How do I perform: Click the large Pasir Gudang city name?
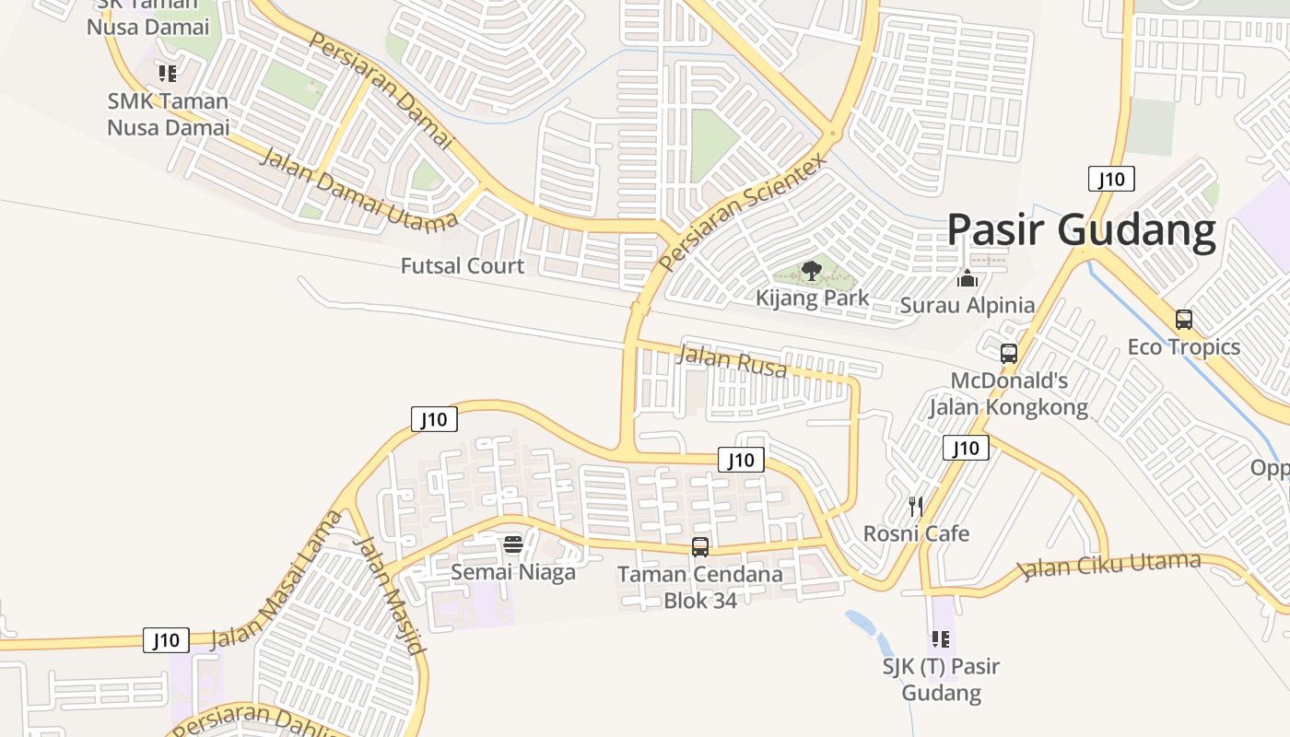click(1082, 229)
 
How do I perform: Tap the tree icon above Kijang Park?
click(812, 271)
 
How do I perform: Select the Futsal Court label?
click(463, 266)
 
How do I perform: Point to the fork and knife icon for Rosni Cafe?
click(916, 506)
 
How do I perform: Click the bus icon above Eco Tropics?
click(1184, 320)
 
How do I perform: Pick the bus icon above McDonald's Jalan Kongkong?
click(1009, 353)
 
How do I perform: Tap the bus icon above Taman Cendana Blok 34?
click(700, 547)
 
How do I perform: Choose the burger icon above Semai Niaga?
click(513, 544)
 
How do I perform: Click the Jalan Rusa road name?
click(732, 360)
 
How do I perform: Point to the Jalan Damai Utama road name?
click(359, 188)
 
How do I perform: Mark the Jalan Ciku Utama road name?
click(1112, 565)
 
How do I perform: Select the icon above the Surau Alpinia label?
click(967, 277)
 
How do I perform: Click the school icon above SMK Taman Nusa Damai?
click(167, 73)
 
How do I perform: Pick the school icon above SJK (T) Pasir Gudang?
click(940, 638)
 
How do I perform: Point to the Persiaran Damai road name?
click(381, 89)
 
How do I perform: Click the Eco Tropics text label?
click(1184, 347)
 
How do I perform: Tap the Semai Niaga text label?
click(513, 572)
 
